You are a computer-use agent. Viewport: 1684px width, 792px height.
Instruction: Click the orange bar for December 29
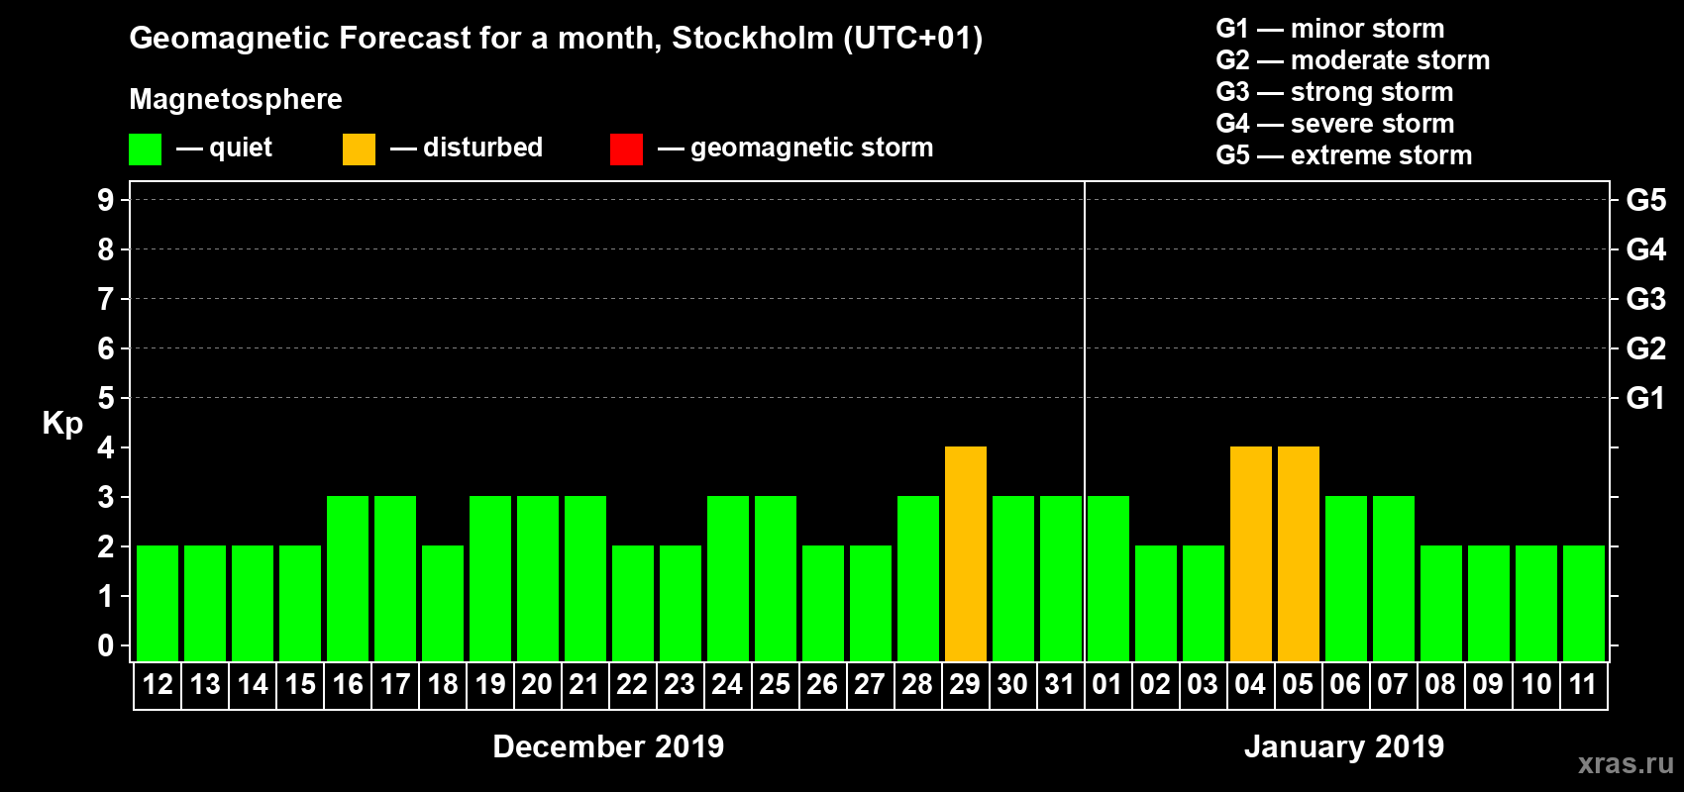click(x=966, y=554)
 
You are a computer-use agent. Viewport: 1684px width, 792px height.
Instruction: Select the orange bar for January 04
click(x=1251, y=554)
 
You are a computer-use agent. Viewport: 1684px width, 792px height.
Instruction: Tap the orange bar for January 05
click(x=1299, y=554)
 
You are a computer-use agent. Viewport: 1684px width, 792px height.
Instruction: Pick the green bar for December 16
click(x=348, y=579)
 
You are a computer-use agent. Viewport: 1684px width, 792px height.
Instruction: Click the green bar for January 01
click(x=1108, y=579)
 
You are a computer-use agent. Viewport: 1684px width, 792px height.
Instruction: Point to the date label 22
click(x=632, y=685)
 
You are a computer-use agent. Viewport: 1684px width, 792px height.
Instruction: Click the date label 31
click(x=1060, y=685)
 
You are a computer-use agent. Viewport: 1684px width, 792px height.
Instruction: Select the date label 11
click(x=1583, y=685)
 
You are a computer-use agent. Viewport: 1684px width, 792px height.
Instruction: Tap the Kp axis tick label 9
click(x=106, y=200)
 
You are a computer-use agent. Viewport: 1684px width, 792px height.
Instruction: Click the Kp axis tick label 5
click(x=106, y=398)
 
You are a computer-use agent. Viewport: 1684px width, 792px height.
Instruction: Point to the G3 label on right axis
click(x=1645, y=299)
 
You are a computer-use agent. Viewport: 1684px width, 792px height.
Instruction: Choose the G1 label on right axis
click(x=1645, y=398)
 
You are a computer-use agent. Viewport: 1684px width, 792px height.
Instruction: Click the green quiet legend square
click(x=146, y=149)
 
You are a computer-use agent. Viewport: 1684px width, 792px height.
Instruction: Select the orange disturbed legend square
click(x=360, y=149)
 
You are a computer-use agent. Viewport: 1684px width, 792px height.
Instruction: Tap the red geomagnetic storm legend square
click(x=627, y=149)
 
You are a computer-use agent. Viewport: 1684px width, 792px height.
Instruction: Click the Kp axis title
click(x=62, y=423)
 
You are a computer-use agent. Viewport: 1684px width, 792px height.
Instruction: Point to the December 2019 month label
click(x=608, y=746)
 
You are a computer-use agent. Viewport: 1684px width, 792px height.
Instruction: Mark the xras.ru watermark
click(x=1626, y=763)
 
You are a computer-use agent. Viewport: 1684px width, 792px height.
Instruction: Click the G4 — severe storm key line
click(x=1335, y=124)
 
